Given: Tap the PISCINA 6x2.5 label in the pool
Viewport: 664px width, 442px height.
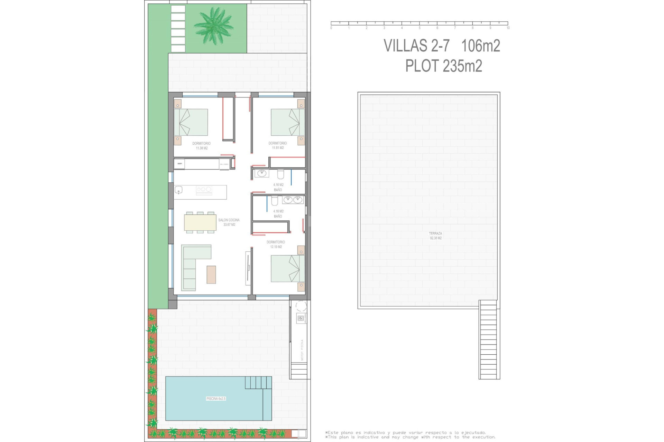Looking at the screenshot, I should pos(216,398).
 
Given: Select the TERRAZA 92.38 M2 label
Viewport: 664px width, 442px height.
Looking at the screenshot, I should pos(435,236).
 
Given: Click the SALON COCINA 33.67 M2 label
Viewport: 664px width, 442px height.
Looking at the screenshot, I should pos(229,222).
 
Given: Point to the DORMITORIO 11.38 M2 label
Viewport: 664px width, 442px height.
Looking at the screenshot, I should pos(202,146).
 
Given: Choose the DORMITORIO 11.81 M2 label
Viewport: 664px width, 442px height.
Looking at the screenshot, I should pos(278,145).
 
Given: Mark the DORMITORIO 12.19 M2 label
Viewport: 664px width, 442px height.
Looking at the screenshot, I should pos(276,244).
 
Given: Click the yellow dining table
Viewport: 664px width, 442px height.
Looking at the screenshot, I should pos(200,222).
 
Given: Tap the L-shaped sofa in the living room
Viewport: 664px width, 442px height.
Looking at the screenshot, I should pos(192,266).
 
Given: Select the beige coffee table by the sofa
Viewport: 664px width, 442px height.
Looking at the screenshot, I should pos(211,275).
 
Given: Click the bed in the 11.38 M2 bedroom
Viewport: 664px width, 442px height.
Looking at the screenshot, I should pos(191,122).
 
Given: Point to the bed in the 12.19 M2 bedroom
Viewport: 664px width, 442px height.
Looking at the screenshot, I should pos(287,268).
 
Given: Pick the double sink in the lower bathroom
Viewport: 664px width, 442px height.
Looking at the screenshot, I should pos(293,200).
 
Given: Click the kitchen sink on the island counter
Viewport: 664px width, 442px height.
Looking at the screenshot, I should pos(178,190).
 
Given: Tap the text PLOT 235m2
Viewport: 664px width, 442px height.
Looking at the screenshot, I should pos(443,66).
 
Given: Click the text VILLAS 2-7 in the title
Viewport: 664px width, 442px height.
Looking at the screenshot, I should pos(416,46).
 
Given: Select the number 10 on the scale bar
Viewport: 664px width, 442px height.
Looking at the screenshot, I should pos(508,28).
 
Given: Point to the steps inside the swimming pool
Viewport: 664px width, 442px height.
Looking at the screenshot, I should pos(258,382).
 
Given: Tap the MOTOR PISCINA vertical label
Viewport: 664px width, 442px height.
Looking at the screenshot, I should pos(302,350).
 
